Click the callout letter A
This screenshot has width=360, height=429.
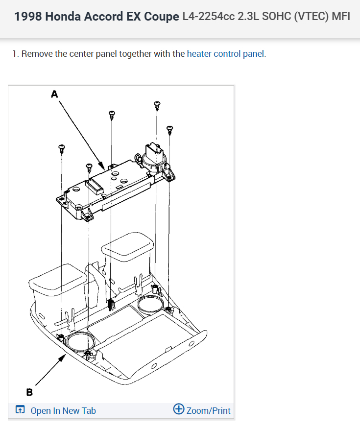54,94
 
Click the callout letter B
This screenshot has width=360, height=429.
29,392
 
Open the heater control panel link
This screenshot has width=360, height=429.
225,54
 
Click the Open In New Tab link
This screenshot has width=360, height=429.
63,410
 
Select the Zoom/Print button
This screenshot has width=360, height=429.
202,410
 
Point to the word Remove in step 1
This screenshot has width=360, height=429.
37,54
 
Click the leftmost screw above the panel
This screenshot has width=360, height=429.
62,148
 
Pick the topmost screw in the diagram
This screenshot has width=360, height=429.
157,105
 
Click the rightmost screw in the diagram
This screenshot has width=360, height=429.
170,130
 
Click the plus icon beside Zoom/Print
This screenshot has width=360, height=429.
179,409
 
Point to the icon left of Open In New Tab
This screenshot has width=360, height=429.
20,410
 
